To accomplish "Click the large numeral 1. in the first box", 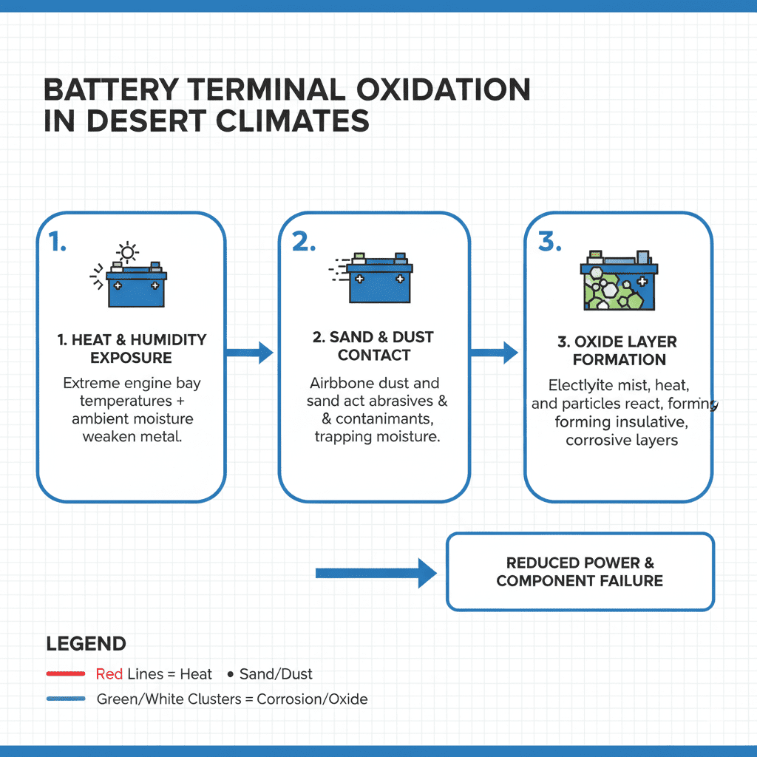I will click(58, 242).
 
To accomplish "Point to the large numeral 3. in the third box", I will click(549, 242).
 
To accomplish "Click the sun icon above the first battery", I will click(129, 253).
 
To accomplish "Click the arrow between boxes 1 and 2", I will click(249, 353).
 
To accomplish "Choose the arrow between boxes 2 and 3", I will click(494, 353).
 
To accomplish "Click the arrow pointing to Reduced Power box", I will click(376, 573).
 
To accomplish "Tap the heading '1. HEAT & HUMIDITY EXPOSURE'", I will click(132, 349).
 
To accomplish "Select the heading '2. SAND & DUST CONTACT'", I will click(373, 346).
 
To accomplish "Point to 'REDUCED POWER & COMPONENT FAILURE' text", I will click(580, 572).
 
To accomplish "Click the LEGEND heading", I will click(86, 644).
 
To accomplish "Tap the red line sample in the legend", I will click(66, 674).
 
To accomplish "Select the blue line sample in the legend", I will click(66, 699).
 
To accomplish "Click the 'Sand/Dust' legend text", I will click(276, 674).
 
